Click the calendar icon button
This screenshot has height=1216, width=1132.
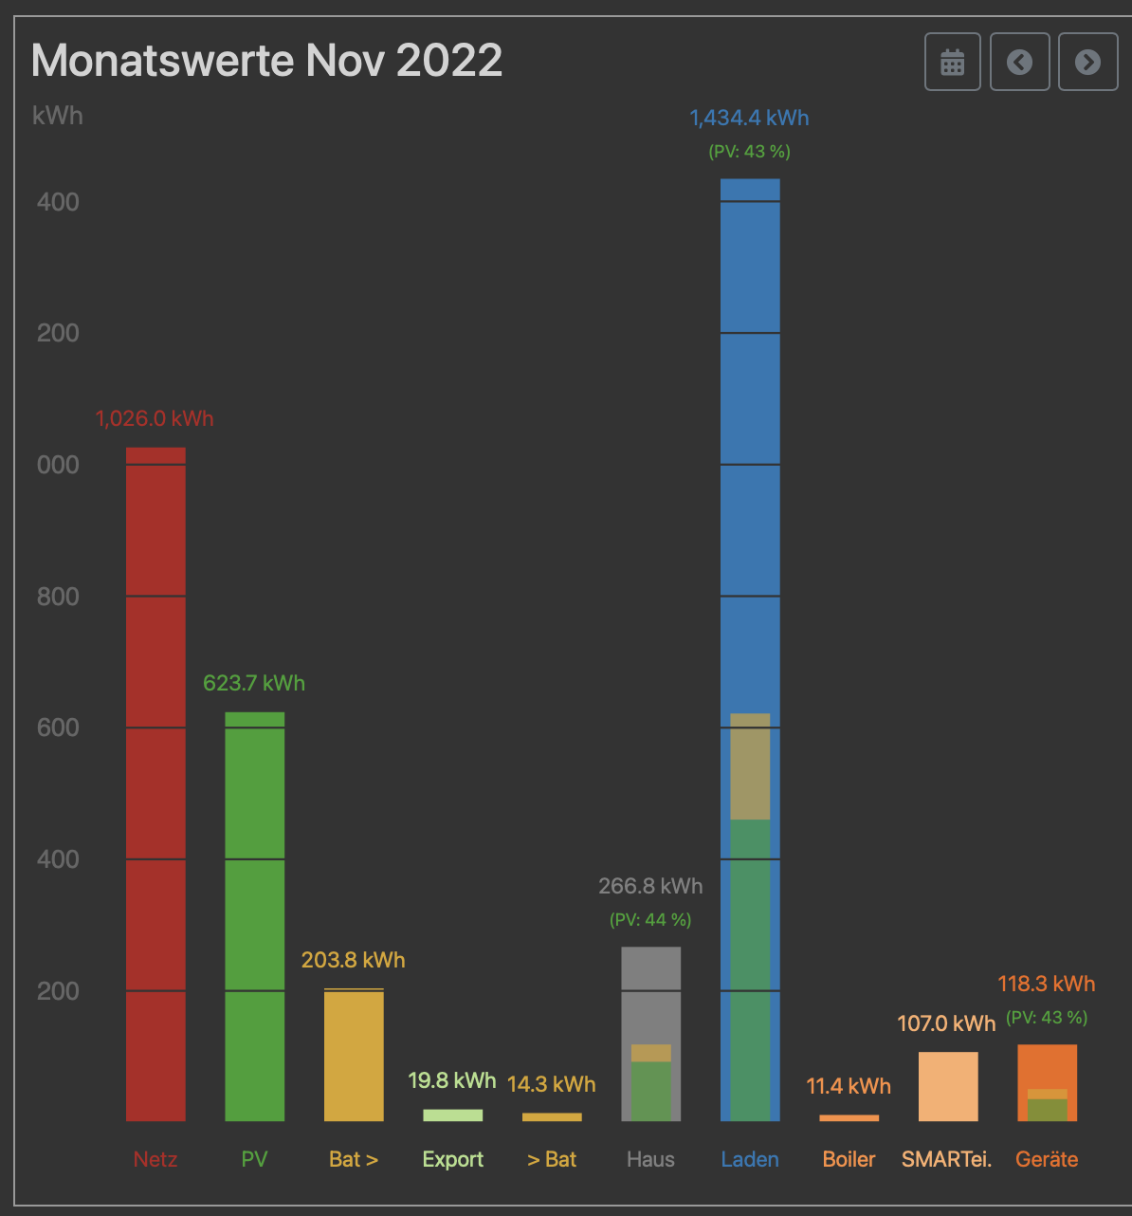click(952, 63)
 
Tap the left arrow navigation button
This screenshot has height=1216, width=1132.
click(1019, 63)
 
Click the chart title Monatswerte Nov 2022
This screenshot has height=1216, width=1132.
click(266, 61)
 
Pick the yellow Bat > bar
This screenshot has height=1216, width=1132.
click(354, 1055)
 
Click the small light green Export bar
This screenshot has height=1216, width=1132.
click(452, 1115)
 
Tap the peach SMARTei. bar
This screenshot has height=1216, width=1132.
click(948, 1086)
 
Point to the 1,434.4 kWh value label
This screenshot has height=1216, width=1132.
click(749, 119)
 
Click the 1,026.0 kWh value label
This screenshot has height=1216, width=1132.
click(155, 419)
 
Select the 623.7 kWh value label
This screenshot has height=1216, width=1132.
click(254, 683)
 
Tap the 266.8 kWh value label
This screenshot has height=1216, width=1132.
click(650, 886)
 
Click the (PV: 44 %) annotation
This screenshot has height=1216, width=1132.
click(650, 919)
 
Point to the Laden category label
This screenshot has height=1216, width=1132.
click(750, 1159)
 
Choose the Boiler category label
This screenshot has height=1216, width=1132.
click(849, 1159)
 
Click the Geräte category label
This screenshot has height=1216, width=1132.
click(1047, 1159)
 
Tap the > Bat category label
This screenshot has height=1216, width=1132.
click(552, 1159)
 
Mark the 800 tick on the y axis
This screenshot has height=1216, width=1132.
click(58, 597)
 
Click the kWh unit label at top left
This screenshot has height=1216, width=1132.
click(58, 116)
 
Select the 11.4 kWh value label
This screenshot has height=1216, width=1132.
click(849, 1086)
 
